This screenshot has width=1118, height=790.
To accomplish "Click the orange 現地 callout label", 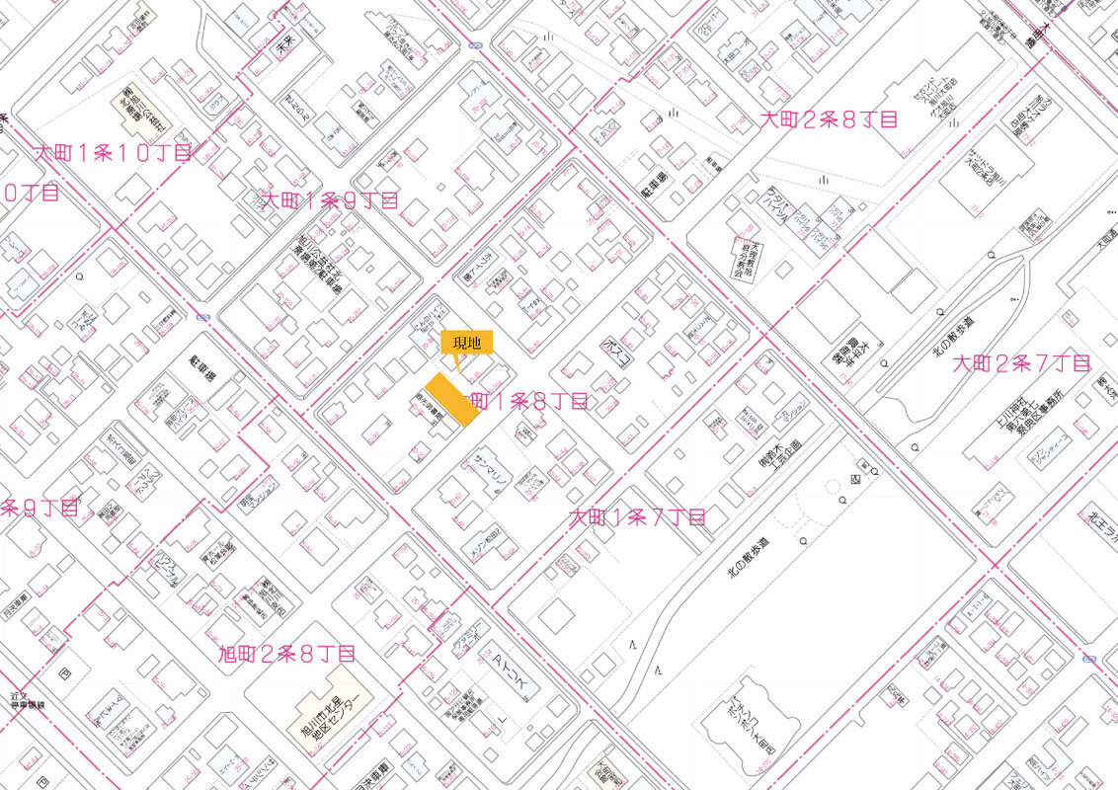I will [x=466, y=343].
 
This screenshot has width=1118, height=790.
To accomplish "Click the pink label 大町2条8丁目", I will [x=829, y=120].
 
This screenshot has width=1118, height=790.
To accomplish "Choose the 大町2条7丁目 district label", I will [x=1021, y=363].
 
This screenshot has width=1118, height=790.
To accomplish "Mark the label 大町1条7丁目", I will [x=637, y=516].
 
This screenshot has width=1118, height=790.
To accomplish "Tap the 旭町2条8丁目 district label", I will [x=286, y=653].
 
